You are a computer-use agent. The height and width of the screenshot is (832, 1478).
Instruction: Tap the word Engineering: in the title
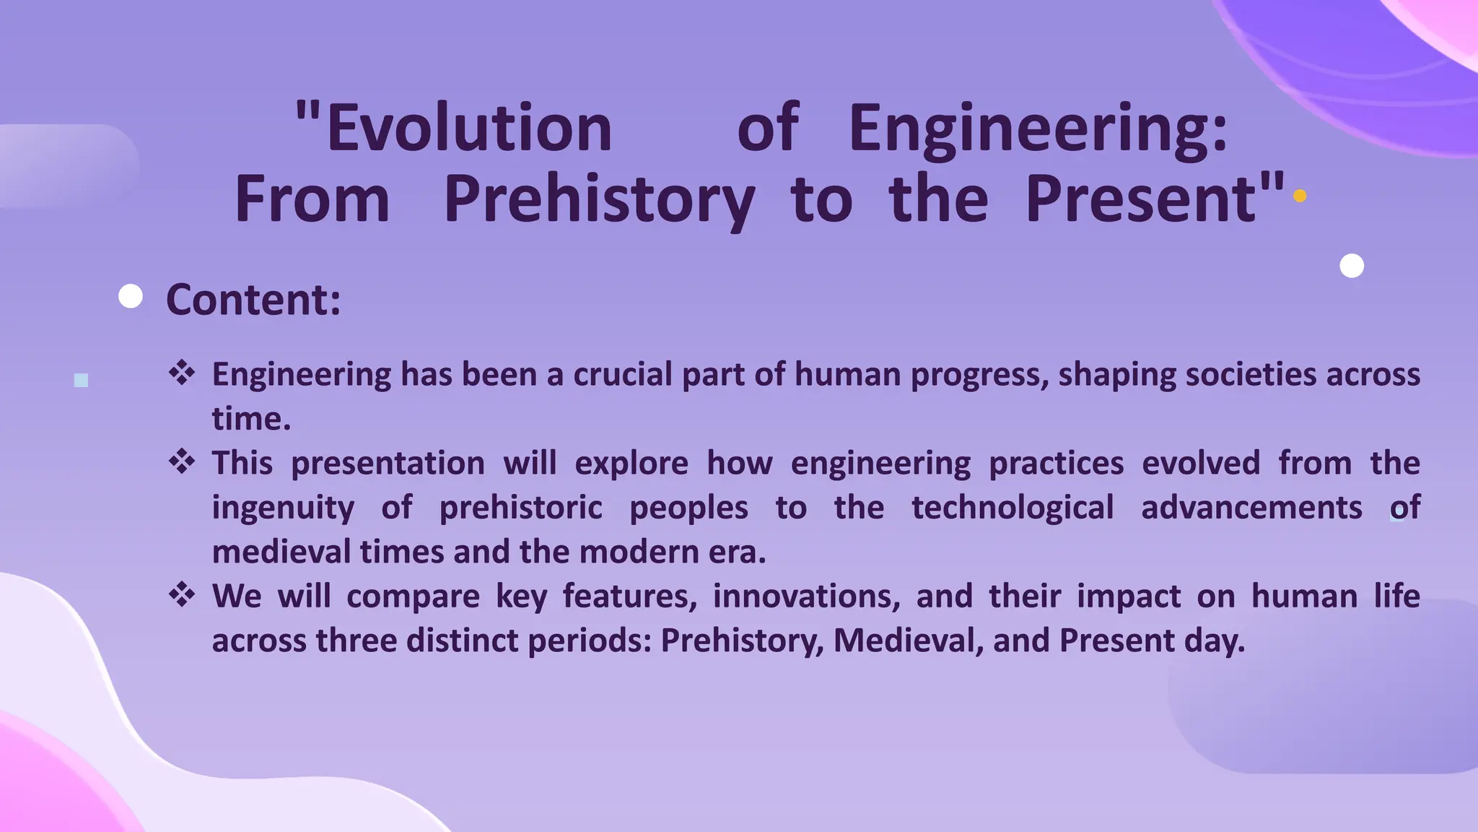click(1038, 129)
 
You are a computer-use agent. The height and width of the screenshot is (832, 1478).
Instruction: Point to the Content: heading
click(253, 299)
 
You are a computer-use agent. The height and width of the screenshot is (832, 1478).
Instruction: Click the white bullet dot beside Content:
click(131, 296)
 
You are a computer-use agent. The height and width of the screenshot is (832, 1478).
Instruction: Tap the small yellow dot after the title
click(1300, 196)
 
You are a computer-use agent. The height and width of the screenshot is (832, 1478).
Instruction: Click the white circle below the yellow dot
click(1352, 266)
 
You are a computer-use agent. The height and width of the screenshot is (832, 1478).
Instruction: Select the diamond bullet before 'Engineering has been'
click(182, 373)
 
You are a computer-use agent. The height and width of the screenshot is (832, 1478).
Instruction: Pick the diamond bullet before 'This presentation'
click(182, 461)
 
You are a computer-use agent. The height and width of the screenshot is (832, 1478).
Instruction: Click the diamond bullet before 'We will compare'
click(182, 594)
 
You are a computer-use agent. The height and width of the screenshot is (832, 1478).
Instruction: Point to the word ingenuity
click(283, 508)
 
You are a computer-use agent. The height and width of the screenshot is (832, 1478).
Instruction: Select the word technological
click(1013, 508)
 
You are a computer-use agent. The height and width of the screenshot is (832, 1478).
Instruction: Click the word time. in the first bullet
click(251, 419)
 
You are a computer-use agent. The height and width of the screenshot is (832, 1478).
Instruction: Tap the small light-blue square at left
click(81, 380)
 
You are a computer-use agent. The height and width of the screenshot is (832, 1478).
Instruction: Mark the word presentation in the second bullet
click(388, 463)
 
